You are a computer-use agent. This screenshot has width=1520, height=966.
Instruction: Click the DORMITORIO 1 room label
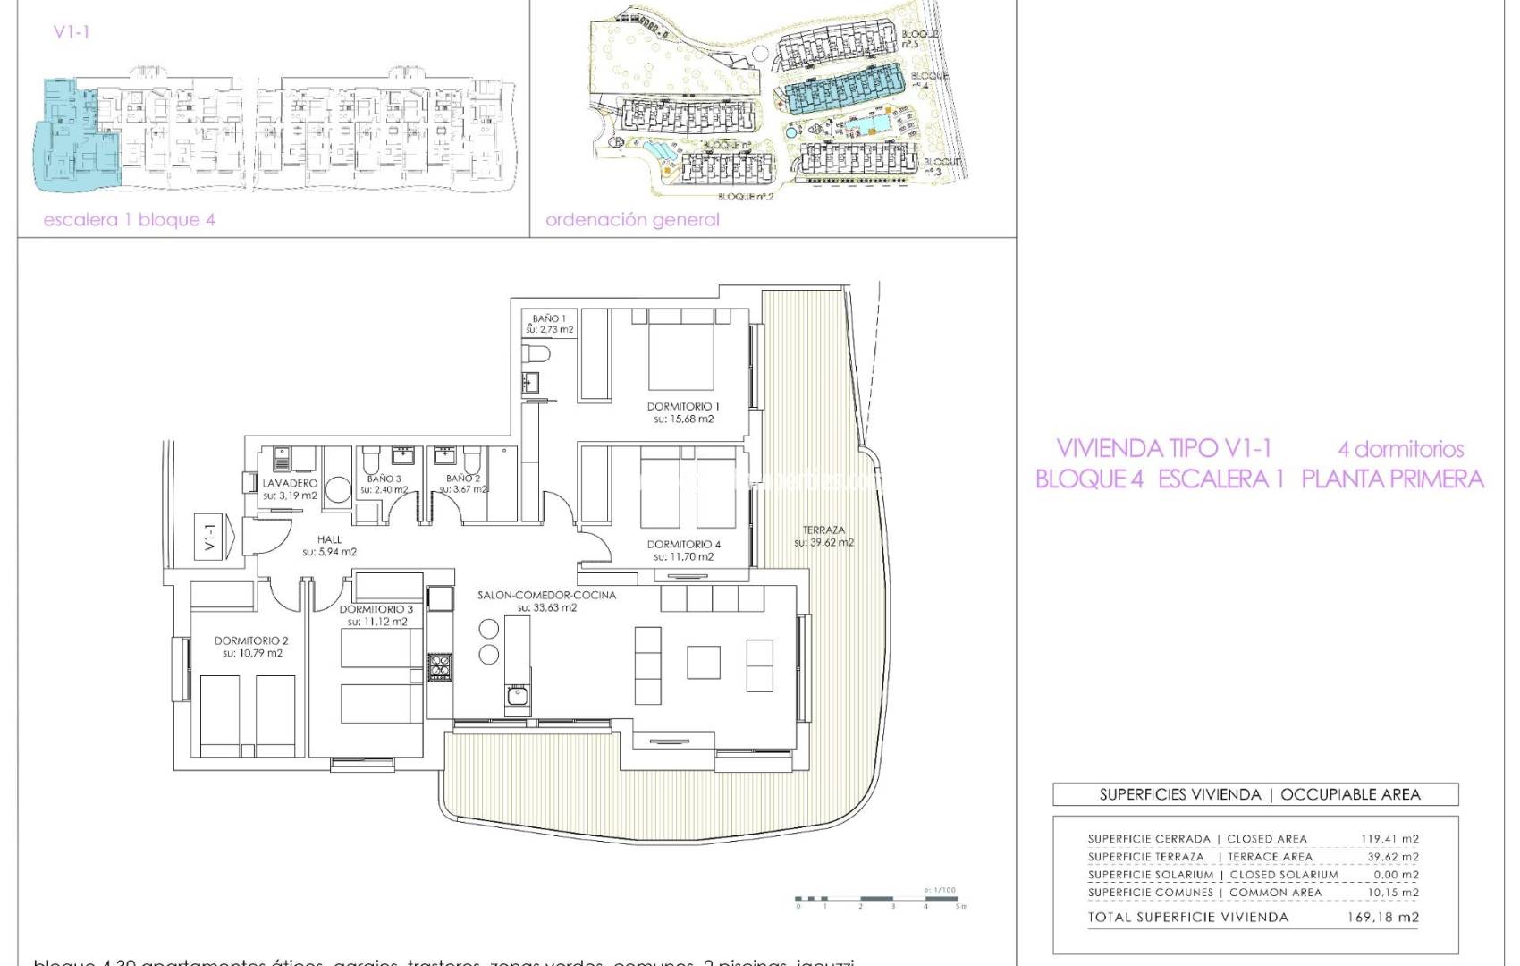click(x=683, y=406)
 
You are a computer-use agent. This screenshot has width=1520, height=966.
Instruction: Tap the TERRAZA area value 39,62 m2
click(x=823, y=542)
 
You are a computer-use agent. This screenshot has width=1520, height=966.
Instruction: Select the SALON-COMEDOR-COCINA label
click(x=546, y=595)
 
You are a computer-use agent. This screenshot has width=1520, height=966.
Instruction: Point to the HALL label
click(x=329, y=539)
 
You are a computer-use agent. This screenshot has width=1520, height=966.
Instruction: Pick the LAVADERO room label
click(x=290, y=483)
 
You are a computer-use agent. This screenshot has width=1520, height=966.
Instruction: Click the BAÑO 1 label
click(x=549, y=318)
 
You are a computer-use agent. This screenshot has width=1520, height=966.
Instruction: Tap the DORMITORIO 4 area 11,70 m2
click(x=683, y=556)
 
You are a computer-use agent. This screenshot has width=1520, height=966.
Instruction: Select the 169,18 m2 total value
click(x=1382, y=917)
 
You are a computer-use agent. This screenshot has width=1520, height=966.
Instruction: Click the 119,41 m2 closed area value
click(x=1389, y=839)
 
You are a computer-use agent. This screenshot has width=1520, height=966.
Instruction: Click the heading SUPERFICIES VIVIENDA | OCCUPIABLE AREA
click(x=1259, y=794)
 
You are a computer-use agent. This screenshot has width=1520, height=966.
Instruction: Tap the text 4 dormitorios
click(x=1400, y=449)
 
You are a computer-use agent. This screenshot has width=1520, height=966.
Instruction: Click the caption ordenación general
click(x=632, y=219)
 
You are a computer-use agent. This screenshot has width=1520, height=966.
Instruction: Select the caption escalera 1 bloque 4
click(x=130, y=219)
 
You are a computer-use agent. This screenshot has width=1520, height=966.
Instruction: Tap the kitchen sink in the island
click(x=516, y=694)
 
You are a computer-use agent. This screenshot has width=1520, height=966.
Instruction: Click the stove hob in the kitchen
click(x=439, y=666)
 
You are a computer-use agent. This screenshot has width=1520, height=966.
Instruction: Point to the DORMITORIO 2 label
click(x=251, y=640)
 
